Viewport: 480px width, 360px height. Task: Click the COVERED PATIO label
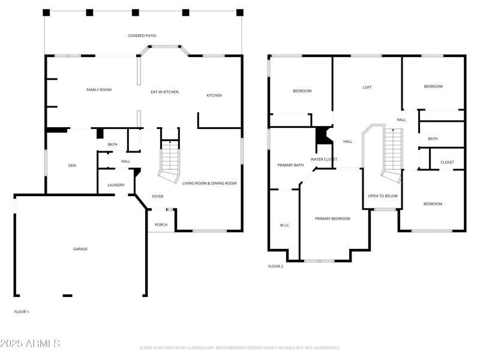[142, 36]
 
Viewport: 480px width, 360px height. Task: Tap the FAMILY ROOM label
[99, 90]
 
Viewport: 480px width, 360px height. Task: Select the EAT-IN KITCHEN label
[164, 92]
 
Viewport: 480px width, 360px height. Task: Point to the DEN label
[71, 165]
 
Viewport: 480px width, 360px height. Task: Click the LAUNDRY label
[116, 185]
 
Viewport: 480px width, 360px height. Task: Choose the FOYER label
[158, 197]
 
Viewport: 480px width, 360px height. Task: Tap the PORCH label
[161, 225]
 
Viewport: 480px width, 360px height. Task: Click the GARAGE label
[80, 249]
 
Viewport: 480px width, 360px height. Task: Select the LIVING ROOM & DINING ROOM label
[209, 183]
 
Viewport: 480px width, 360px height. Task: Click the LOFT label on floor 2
[367, 88]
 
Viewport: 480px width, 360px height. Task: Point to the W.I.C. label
[285, 226]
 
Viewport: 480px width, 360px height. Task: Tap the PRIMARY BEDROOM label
[332, 218]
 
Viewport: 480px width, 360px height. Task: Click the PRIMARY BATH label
[290, 165]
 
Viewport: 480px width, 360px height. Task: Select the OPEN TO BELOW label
[383, 196]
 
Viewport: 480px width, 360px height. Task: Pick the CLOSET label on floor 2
[447, 163]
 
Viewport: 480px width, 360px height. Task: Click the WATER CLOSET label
[323, 159]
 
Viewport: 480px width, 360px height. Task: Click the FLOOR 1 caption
[22, 312]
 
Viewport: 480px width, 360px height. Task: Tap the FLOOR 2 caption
[275, 266]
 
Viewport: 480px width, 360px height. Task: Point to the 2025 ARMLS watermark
[30, 344]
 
